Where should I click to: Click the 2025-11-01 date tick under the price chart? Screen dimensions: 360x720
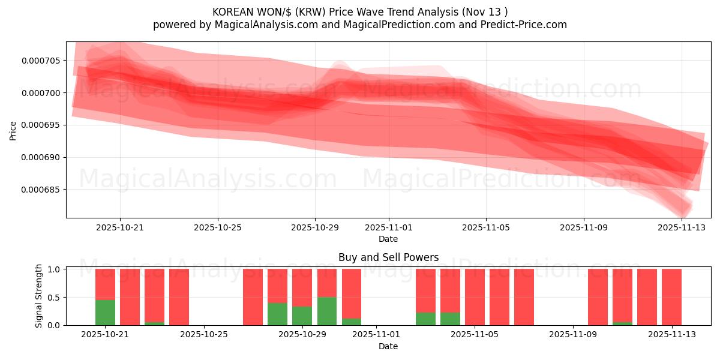pyautogui.click(x=388, y=228)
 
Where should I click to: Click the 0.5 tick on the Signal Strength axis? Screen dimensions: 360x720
pyautogui.click(x=53, y=298)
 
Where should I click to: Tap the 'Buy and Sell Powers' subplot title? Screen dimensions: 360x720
pyautogui.click(x=388, y=257)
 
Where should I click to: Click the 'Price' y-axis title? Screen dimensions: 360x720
pyautogui.click(x=13, y=130)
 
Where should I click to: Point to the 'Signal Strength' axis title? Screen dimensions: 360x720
pyautogui.click(x=39, y=295)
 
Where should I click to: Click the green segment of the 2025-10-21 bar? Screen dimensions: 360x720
pyautogui.click(x=105, y=312)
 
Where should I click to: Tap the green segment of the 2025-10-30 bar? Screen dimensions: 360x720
pyautogui.click(x=327, y=311)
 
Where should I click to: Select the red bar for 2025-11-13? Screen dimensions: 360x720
pyautogui.click(x=671, y=297)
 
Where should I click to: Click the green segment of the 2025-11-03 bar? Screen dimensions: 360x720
pyautogui.click(x=425, y=319)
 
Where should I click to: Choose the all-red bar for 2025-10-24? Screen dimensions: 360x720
pyautogui.click(x=179, y=297)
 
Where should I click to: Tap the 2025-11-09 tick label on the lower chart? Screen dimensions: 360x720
pyautogui.click(x=573, y=335)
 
